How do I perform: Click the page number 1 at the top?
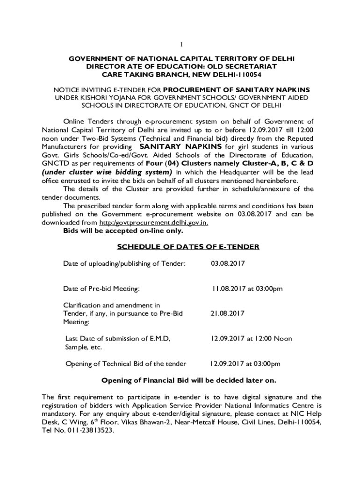point(182,44)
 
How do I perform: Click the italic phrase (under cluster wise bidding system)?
point(107,172)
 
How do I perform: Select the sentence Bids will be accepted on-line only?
point(123,231)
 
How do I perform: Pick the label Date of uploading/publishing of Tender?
point(125,264)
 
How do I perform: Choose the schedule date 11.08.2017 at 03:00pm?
point(247,289)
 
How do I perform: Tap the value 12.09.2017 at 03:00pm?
point(245,363)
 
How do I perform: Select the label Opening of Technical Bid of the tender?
point(126,363)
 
